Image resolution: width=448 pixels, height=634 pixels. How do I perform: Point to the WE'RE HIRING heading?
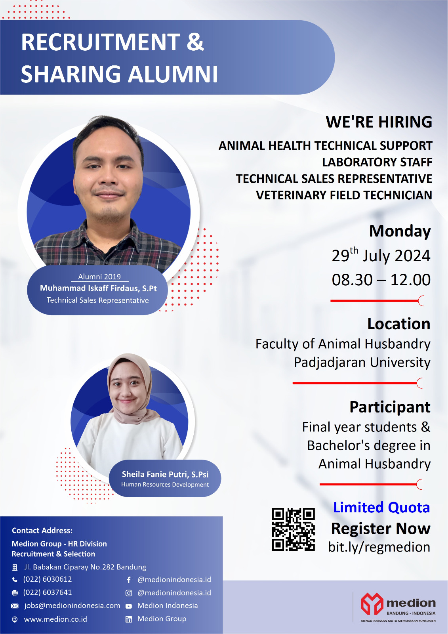click(379, 122)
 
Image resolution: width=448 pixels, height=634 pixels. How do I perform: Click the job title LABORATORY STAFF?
click(377, 162)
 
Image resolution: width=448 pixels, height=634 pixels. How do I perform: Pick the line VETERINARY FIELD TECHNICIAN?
click(344, 195)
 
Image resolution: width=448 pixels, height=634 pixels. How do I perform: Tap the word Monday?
click(400, 231)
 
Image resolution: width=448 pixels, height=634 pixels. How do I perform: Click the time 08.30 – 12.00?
click(381, 280)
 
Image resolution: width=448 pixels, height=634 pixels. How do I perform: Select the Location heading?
click(399, 324)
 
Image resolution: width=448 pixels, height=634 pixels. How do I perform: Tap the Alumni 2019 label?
click(99, 277)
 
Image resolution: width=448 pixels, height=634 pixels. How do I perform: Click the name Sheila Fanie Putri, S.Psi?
click(165, 474)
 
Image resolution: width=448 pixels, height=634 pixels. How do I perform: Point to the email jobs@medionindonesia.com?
click(72, 605)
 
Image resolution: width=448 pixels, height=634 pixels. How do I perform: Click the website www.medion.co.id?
click(55, 619)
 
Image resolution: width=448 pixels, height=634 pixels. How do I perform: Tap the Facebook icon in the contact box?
click(129, 580)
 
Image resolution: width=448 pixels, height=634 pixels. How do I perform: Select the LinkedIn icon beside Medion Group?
click(129, 619)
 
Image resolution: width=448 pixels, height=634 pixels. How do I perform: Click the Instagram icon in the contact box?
click(129, 593)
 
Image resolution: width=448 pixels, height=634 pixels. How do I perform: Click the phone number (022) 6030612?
click(48, 579)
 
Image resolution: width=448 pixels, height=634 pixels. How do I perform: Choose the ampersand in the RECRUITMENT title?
click(195, 42)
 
